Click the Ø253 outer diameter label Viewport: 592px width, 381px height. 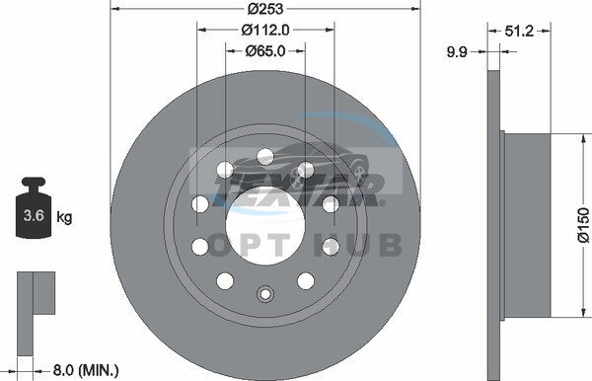tap(265, 8)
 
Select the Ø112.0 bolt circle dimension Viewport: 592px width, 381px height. tap(265, 30)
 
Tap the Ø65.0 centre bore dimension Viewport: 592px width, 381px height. tap(265, 50)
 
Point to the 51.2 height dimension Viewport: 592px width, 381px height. tap(520, 31)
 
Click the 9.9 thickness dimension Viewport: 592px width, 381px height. tap(457, 51)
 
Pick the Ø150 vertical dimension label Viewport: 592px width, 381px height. tap(583, 225)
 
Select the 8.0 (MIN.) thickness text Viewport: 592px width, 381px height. tap(86, 370)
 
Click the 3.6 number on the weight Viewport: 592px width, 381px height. tap(34, 215)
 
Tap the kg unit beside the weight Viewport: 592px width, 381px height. tap(64, 217)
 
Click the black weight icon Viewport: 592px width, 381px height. tap(34, 207)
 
